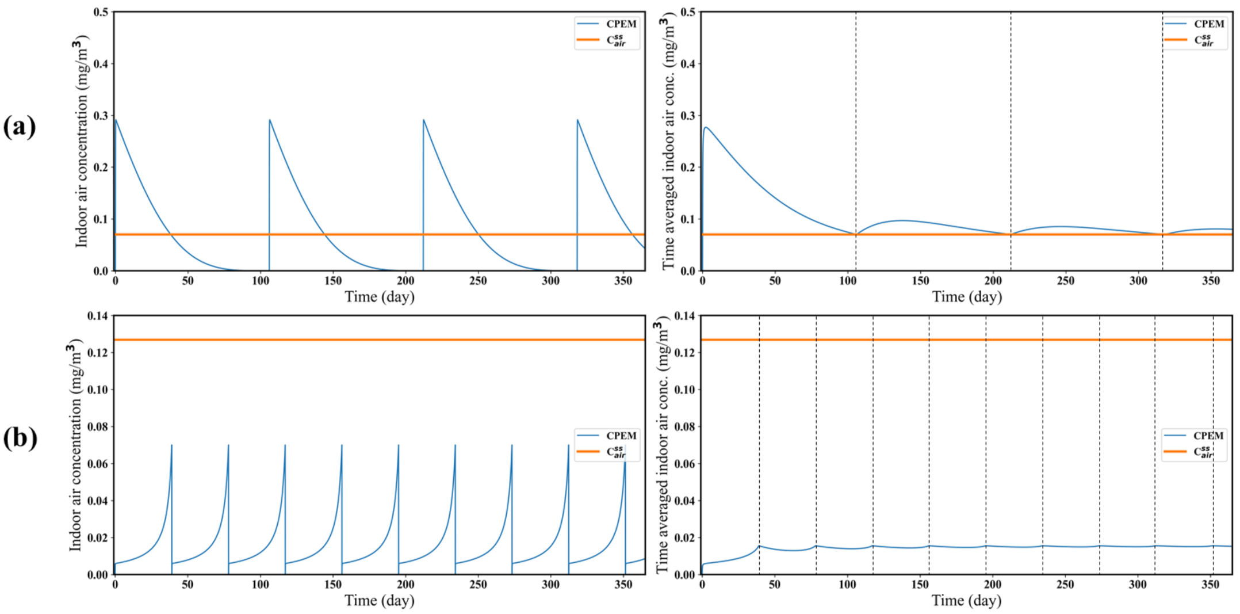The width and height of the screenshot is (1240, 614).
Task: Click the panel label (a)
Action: (x=20, y=127)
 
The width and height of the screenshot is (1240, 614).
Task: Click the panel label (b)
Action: (x=20, y=438)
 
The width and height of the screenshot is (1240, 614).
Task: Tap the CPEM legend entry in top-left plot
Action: (x=621, y=24)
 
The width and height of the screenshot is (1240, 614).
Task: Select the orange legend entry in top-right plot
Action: (x=1203, y=40)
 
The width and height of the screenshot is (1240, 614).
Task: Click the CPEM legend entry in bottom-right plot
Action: (x=1208, y=436)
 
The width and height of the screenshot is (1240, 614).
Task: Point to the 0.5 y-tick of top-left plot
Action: (x=101, y=12)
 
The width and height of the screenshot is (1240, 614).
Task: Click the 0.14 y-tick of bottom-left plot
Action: (x=98, y=316)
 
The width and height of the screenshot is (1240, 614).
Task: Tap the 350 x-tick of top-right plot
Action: (x=1211, y=281)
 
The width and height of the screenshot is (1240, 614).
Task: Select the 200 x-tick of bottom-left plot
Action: (x=405, y=585)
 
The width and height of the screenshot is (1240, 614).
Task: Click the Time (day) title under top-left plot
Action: (x=380, y=297)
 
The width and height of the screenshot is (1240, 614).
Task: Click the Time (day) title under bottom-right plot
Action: (x=967, y=601)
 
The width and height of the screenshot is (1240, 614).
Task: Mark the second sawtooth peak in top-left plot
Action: (x=270, y=120)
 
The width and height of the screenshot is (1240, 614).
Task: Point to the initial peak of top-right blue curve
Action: (x=706, y=127)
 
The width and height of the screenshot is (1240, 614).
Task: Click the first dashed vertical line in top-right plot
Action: (x=856, y=144)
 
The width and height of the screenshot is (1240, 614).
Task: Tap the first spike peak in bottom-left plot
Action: (x=171, y=445)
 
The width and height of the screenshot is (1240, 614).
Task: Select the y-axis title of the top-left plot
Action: (x=82, y=142)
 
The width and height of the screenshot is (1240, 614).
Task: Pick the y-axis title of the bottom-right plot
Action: (x=663, y=445)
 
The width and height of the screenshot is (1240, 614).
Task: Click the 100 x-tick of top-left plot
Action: (x=261, y=281)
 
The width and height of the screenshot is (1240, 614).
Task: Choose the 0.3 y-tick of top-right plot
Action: (x=688, y=116)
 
